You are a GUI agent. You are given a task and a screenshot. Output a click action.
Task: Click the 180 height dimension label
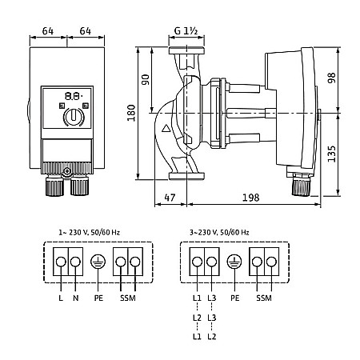point(131,113)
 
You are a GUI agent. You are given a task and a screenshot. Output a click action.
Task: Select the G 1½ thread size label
point(186,31)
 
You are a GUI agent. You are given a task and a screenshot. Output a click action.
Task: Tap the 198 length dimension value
point(250,198)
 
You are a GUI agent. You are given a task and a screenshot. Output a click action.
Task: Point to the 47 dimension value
point(170,198)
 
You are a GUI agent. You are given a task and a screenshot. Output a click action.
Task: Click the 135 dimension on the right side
point(332,154)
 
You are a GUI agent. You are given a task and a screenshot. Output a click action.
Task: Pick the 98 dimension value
point(332,78)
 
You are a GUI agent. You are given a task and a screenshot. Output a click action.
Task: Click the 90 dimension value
point(146,79)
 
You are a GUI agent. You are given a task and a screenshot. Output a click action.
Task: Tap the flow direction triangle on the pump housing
point(166,129)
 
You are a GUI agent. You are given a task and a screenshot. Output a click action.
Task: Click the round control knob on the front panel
point(74,117)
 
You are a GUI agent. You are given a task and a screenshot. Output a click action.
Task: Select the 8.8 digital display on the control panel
point(74,96)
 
